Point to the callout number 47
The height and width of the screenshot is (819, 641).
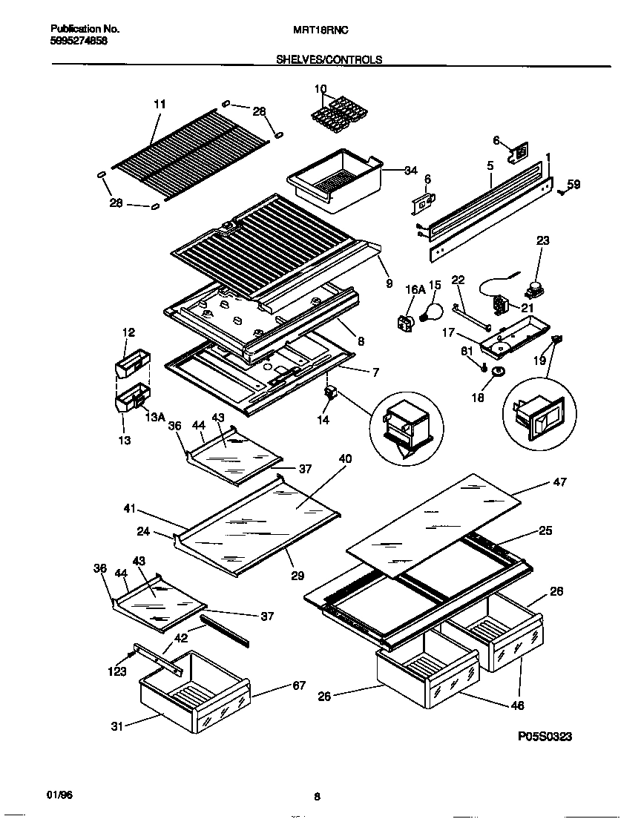coord(559,482)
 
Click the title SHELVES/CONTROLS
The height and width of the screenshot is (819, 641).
coord(329,60)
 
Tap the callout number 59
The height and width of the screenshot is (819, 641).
coord(573,184)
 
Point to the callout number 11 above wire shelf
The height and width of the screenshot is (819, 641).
coord(160,104)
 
